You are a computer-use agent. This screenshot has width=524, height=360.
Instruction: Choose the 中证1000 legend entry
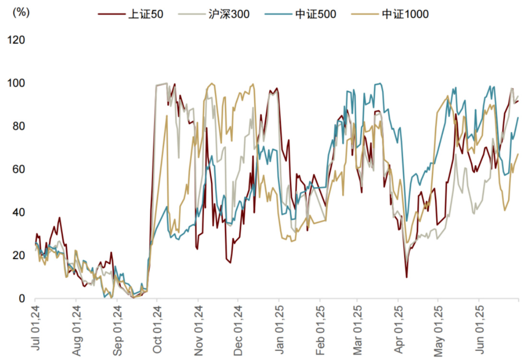[405, 14]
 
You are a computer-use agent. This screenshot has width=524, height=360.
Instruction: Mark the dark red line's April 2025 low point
[406, 277]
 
